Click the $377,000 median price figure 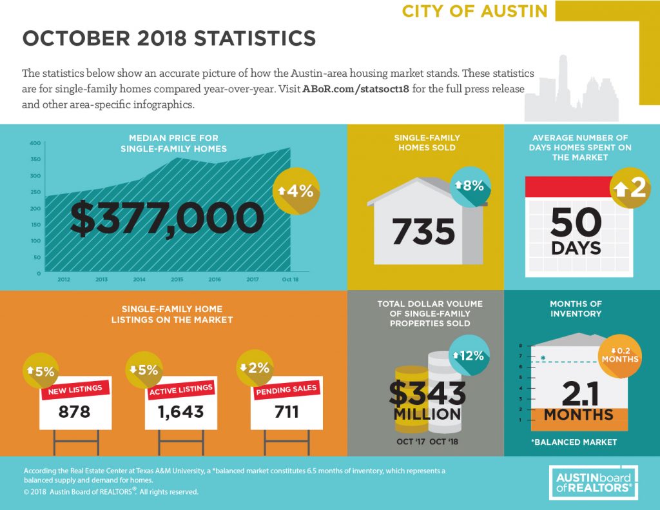click(x=167, y=218)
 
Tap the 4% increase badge click(x=296, y=191)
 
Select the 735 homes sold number click(x=423, y=231)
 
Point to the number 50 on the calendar click(x=576, y=222)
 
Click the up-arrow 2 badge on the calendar click(x=630, y=188)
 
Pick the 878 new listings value click(x=75, y=411)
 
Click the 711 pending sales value click(x=287, y=411)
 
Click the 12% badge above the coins click(x=469, y=356)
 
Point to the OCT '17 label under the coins click(x=411, y=442)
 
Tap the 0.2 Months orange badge click(x=620, y=355)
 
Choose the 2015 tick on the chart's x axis click(x=177, y=279)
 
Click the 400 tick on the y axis click(x=35, y=143)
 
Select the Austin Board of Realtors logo click(x=594, y=482)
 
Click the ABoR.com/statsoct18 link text click(x=356, y=89)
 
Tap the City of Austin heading click(x=475, y=11)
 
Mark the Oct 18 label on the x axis click(x=290, y=279)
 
